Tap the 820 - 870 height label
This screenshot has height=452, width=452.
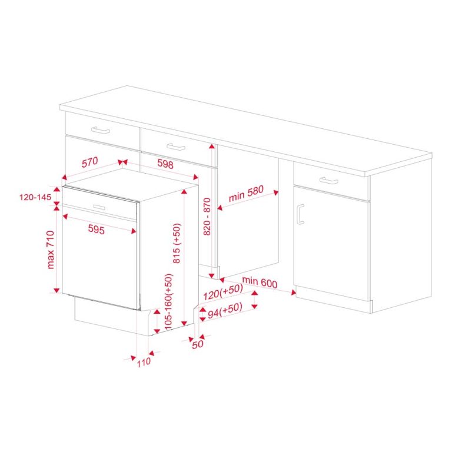(x=207, y=216)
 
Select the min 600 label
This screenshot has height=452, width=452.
(x=259, y=283)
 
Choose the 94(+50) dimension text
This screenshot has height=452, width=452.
(x=223, y=308)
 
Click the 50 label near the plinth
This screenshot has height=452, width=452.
(x=197, y=344)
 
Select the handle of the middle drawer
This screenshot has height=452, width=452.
(x=175, y=147)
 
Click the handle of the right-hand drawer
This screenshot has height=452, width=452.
(x=330, y=180)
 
